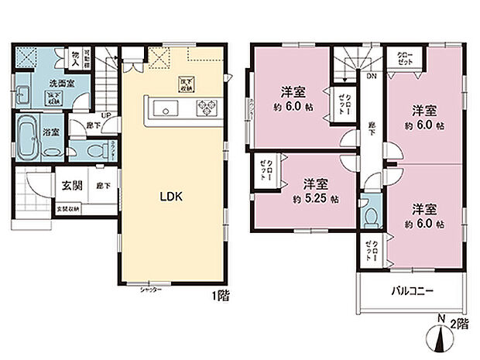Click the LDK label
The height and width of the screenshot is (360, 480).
pos(171,197)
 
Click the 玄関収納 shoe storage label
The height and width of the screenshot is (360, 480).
pos(67,210)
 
